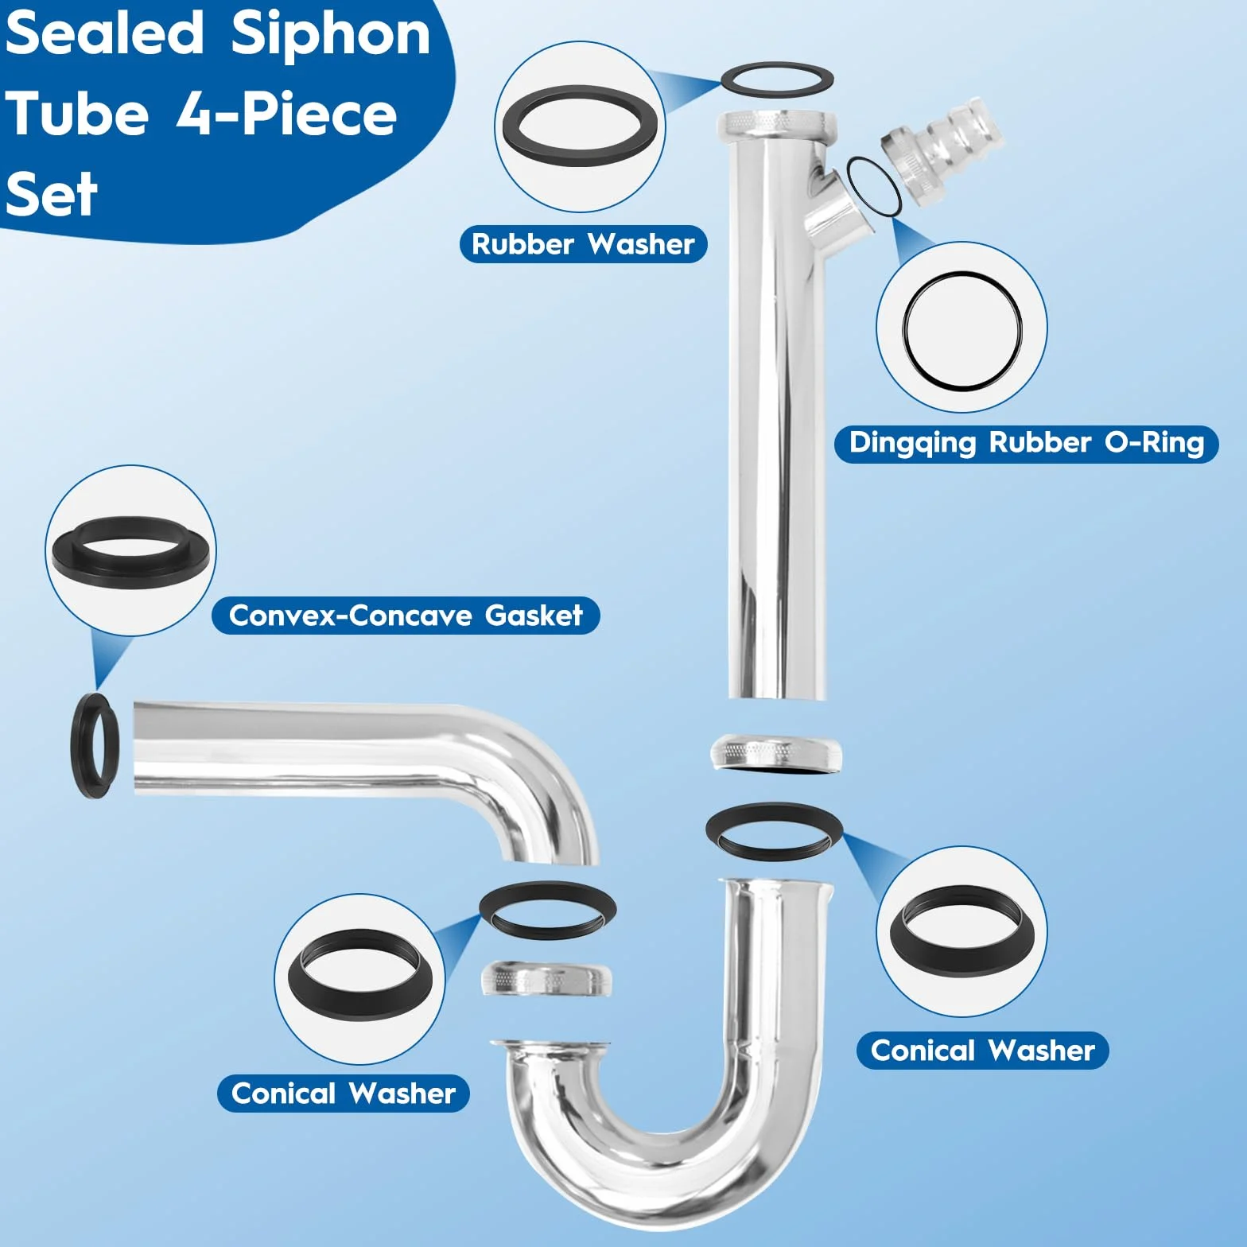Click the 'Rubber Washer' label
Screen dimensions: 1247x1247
click(x=583, y=244)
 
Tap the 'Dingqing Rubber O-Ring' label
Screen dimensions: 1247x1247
click(x=1026, y=443)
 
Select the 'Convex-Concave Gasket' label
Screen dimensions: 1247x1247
click(x=406, y=616)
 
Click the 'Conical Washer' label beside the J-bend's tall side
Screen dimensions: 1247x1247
click(x=982, y=1051)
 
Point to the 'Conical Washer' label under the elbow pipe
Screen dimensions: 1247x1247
click(x=343, y=1094)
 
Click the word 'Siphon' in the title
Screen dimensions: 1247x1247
click(x=331, y=36)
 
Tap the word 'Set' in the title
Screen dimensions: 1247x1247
click(x=51, y=194)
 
